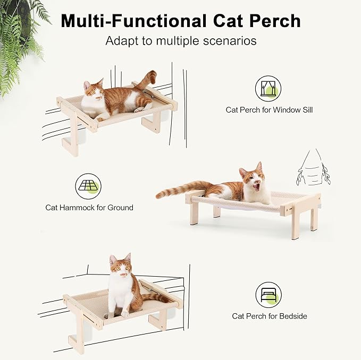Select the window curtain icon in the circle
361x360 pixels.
tap(268, 88)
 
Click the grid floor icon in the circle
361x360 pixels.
tap(88, 186)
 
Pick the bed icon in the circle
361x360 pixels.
tap(268, 294)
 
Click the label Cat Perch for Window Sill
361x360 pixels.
tap(269, 110)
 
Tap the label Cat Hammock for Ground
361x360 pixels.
tap(89, 208)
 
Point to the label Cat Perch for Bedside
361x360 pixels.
tap(269, 316)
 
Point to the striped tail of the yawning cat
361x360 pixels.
tap(181, 189)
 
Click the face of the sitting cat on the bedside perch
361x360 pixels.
tap(121, 267)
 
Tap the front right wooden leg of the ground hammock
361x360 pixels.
tap(295, 223)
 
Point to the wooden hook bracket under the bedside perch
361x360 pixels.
tap(77, 333)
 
